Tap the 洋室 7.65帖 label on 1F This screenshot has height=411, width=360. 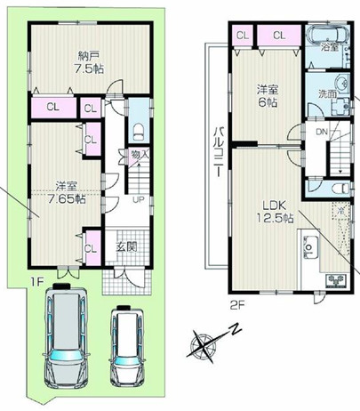pos(65,192)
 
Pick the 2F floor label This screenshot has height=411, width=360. pos(236,304)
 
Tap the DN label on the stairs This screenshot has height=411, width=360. pos(322,133)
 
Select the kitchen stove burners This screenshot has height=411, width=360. pos(338,282)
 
